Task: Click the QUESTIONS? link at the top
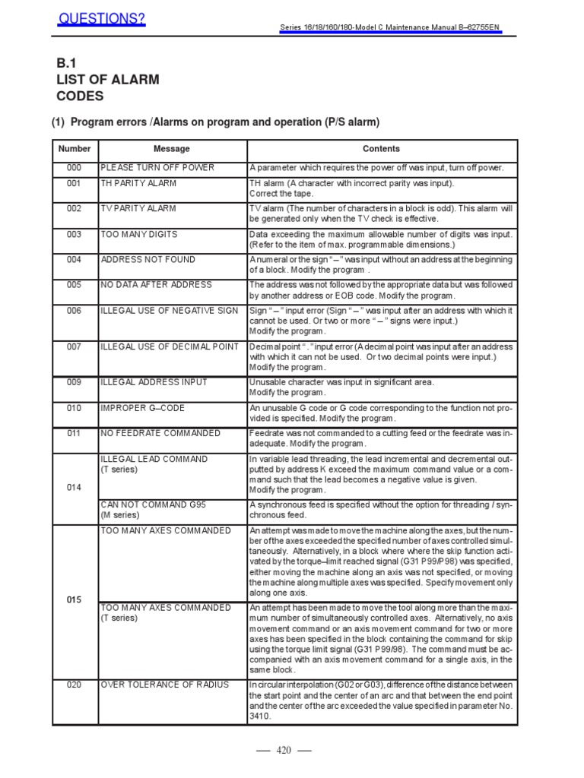coord(102,17)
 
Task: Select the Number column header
coord(74,149)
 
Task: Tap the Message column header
coord(172,149)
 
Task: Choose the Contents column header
coord(381,149)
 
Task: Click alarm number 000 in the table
coord(73,168)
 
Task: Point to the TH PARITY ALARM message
coord(138,184)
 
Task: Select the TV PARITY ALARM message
coord(138,209)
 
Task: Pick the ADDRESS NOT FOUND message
coord(148,260)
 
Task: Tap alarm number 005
coord(73,285)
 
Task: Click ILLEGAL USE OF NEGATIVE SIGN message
coord(169,311)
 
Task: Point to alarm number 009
coord(73,382)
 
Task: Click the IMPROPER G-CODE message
coord(142,408)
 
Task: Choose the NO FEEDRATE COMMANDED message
coord(160,433)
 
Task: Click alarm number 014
coord(73,488)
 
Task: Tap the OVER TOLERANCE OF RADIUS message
coord(165,685)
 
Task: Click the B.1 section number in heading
coord(68,63)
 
